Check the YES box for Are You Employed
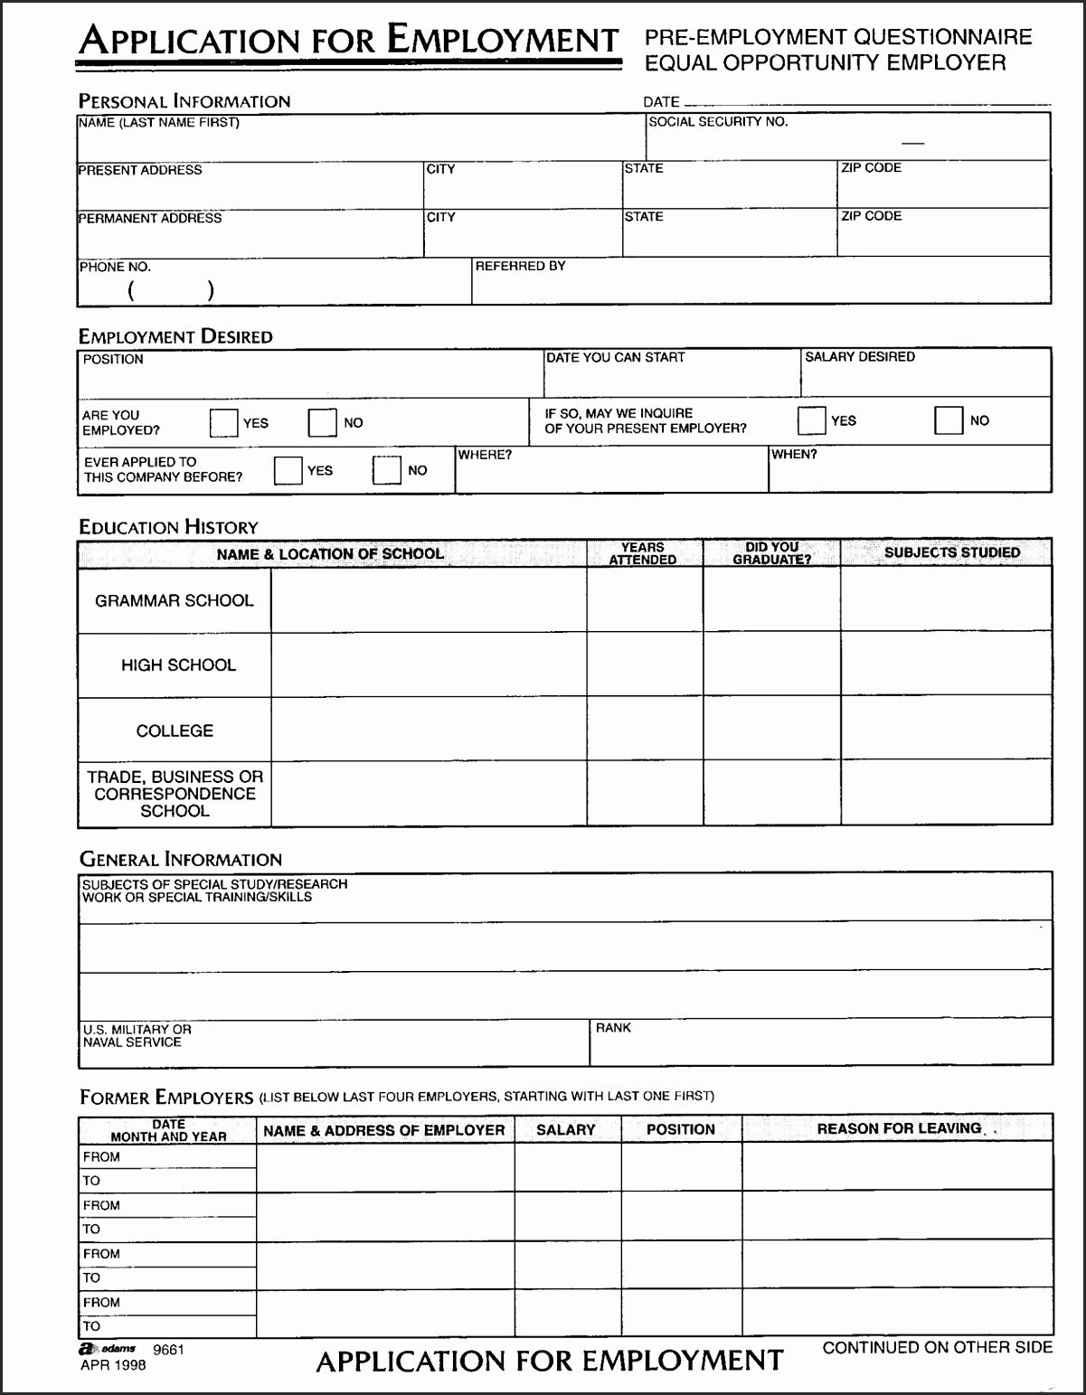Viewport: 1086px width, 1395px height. [x=223, y=423]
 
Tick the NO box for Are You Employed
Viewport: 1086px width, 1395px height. [x=322, y=423]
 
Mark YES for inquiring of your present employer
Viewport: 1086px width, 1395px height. [x=811, y=420]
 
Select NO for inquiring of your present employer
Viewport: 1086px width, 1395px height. [x=949, y=420]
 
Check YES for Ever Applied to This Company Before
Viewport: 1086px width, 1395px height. [x=288, y=470]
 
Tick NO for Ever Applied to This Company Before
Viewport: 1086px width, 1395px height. [x=387, y=470]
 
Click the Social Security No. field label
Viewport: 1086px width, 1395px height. [x=718, y=122]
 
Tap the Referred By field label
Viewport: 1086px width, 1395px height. [x=520, y=266]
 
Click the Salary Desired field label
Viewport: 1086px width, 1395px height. [x=859, y=357]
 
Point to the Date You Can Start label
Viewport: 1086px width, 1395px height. [x=615, y=358]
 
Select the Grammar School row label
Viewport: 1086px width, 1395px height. [x=175, y=600]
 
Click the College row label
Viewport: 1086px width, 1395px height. [x=175, y=730]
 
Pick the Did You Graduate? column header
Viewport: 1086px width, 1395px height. [x=771, y=553]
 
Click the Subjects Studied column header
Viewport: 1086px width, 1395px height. [x=951, y=552]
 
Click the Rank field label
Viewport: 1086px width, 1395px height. [x=613, y=1028]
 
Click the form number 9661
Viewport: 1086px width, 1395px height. [x=168, y=1350]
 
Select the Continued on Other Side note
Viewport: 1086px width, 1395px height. [x=937, y=1347]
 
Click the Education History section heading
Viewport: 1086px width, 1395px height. [x=168, y=527]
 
